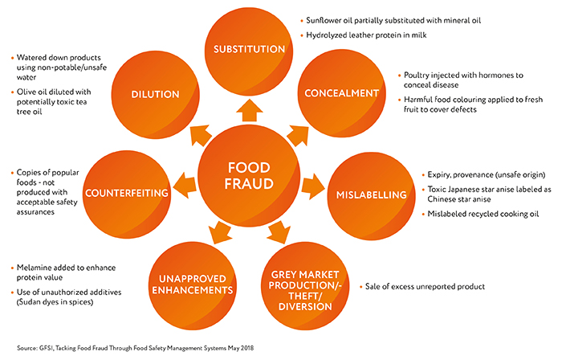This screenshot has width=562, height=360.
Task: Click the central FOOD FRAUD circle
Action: click(x=249, y=176)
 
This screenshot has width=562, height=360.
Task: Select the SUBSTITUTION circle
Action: click(x=249, y=51)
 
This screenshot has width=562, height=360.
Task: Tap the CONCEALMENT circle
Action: click(x=341, y=93)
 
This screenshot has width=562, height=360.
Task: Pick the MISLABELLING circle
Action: click(x=371, y=196)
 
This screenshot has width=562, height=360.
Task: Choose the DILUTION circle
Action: click(x=155, y=95)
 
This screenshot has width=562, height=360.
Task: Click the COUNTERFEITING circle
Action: click(x=127, y=194)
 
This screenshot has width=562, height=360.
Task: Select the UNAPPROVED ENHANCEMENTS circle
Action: click(x=193, y=286)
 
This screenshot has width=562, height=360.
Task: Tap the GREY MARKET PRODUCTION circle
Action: click(x=305, y=286)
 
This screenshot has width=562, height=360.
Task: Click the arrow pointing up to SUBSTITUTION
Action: click(x=249, y=110)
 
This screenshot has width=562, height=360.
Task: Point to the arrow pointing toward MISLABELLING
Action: click(x=313, y=186)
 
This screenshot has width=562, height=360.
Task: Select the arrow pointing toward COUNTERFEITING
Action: click(x=185, y=185)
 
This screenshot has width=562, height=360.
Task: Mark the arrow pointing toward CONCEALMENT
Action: click(x=298, y=135)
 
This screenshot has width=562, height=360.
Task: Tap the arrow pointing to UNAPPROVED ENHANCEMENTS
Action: click(x=220, y=232)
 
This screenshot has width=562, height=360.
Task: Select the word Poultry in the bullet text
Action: click(x=416, y=76)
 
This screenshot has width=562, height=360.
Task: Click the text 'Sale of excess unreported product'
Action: click(x=425, y=287)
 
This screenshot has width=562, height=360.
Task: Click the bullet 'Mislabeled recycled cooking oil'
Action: click(x=483, y=214)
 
